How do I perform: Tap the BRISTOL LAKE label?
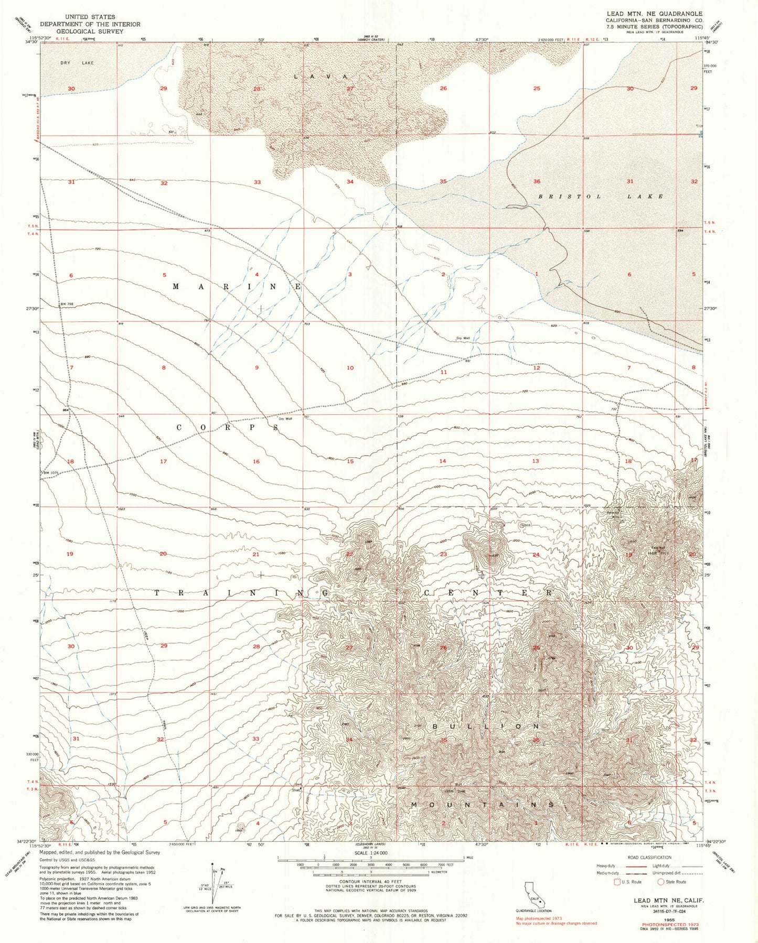[x=601, y=196]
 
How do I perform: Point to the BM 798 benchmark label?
[x=67, y=305]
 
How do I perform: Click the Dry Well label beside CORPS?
[x=285, y=418]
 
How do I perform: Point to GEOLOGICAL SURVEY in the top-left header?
[x=90, y=31]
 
